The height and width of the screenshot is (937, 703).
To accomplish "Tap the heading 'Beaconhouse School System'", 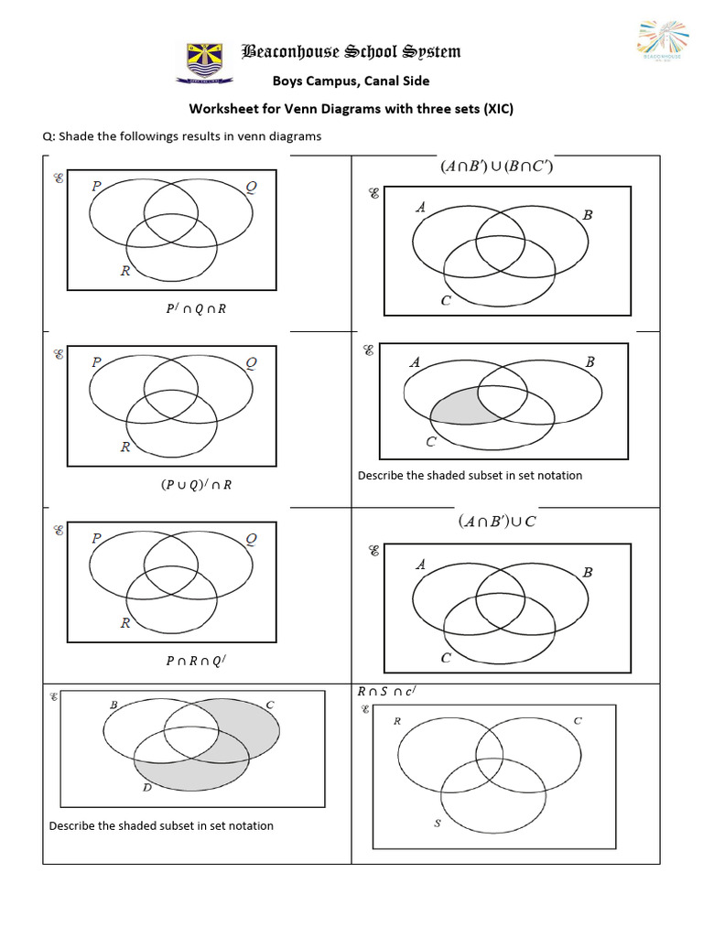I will point(351,51).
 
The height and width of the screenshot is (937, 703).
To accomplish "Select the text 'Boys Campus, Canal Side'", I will point(351,81).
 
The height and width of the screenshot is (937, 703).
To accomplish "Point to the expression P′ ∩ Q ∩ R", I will point(196,308).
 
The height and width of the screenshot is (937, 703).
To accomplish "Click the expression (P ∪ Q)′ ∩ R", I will point(196,485).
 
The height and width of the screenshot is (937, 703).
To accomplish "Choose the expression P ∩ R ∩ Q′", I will point(196,661).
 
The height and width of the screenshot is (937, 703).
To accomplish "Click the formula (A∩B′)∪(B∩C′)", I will point(495,167).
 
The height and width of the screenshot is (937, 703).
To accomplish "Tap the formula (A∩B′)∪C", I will point(497,522).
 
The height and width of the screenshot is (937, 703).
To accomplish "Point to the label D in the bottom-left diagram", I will point(146,787).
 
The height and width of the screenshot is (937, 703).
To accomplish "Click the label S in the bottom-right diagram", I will point(437,824).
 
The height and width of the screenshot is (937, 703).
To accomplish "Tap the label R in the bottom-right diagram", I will point(397,721).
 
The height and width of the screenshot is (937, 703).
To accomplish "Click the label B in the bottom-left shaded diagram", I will point(114,705).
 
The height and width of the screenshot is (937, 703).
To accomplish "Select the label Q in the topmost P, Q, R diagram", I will point(252,188).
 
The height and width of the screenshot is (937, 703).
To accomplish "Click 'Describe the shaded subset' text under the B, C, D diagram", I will point(161,825).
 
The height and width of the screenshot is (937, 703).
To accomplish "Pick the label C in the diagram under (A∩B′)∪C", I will point(446,658).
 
